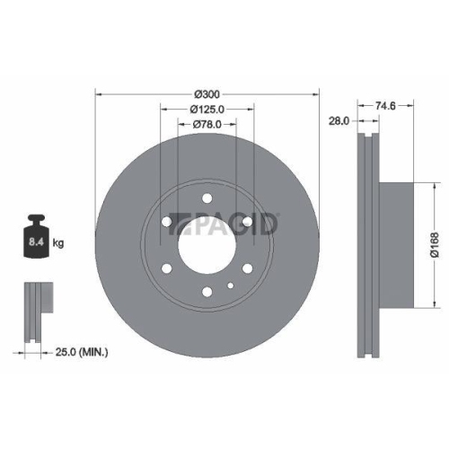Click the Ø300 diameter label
(207, 94)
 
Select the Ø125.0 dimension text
(207, 110)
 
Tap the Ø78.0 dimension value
(207, 125)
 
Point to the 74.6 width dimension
(384, 105)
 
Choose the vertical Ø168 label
(433, 242)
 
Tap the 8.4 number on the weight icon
(37, 242)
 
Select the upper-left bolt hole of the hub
(168, 221)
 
